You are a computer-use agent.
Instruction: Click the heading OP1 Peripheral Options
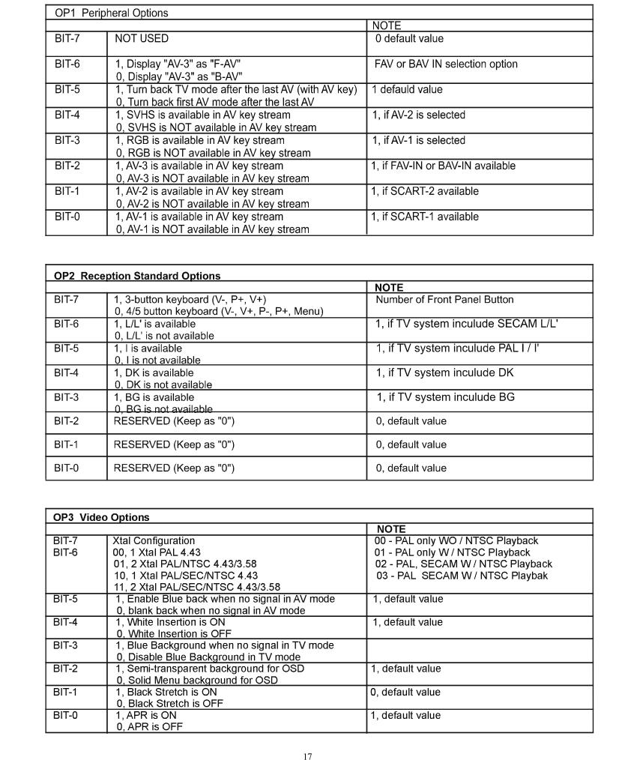click(x=111, y=13)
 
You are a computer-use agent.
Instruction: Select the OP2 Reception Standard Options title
click(x=137, y=276)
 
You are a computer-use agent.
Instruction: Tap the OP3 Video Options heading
click(x=101, y=517)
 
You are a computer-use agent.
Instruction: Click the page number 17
click(x=307, y=756)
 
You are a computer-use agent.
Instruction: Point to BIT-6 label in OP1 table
click(x=67, y=64)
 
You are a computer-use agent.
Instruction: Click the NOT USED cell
click(x=141, y=38)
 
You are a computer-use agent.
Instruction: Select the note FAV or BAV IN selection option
click(x=446, y=64)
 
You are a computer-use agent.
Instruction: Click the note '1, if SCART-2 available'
click(x=425, y=191)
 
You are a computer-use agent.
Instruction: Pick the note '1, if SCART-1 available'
click(x=425, y=217)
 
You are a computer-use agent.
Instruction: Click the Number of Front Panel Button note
click(x=444, y=300)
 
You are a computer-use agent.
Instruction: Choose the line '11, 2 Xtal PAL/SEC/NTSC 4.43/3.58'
click(x=196, y=587)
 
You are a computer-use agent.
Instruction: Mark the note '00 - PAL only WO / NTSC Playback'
click(x=456, y=540)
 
